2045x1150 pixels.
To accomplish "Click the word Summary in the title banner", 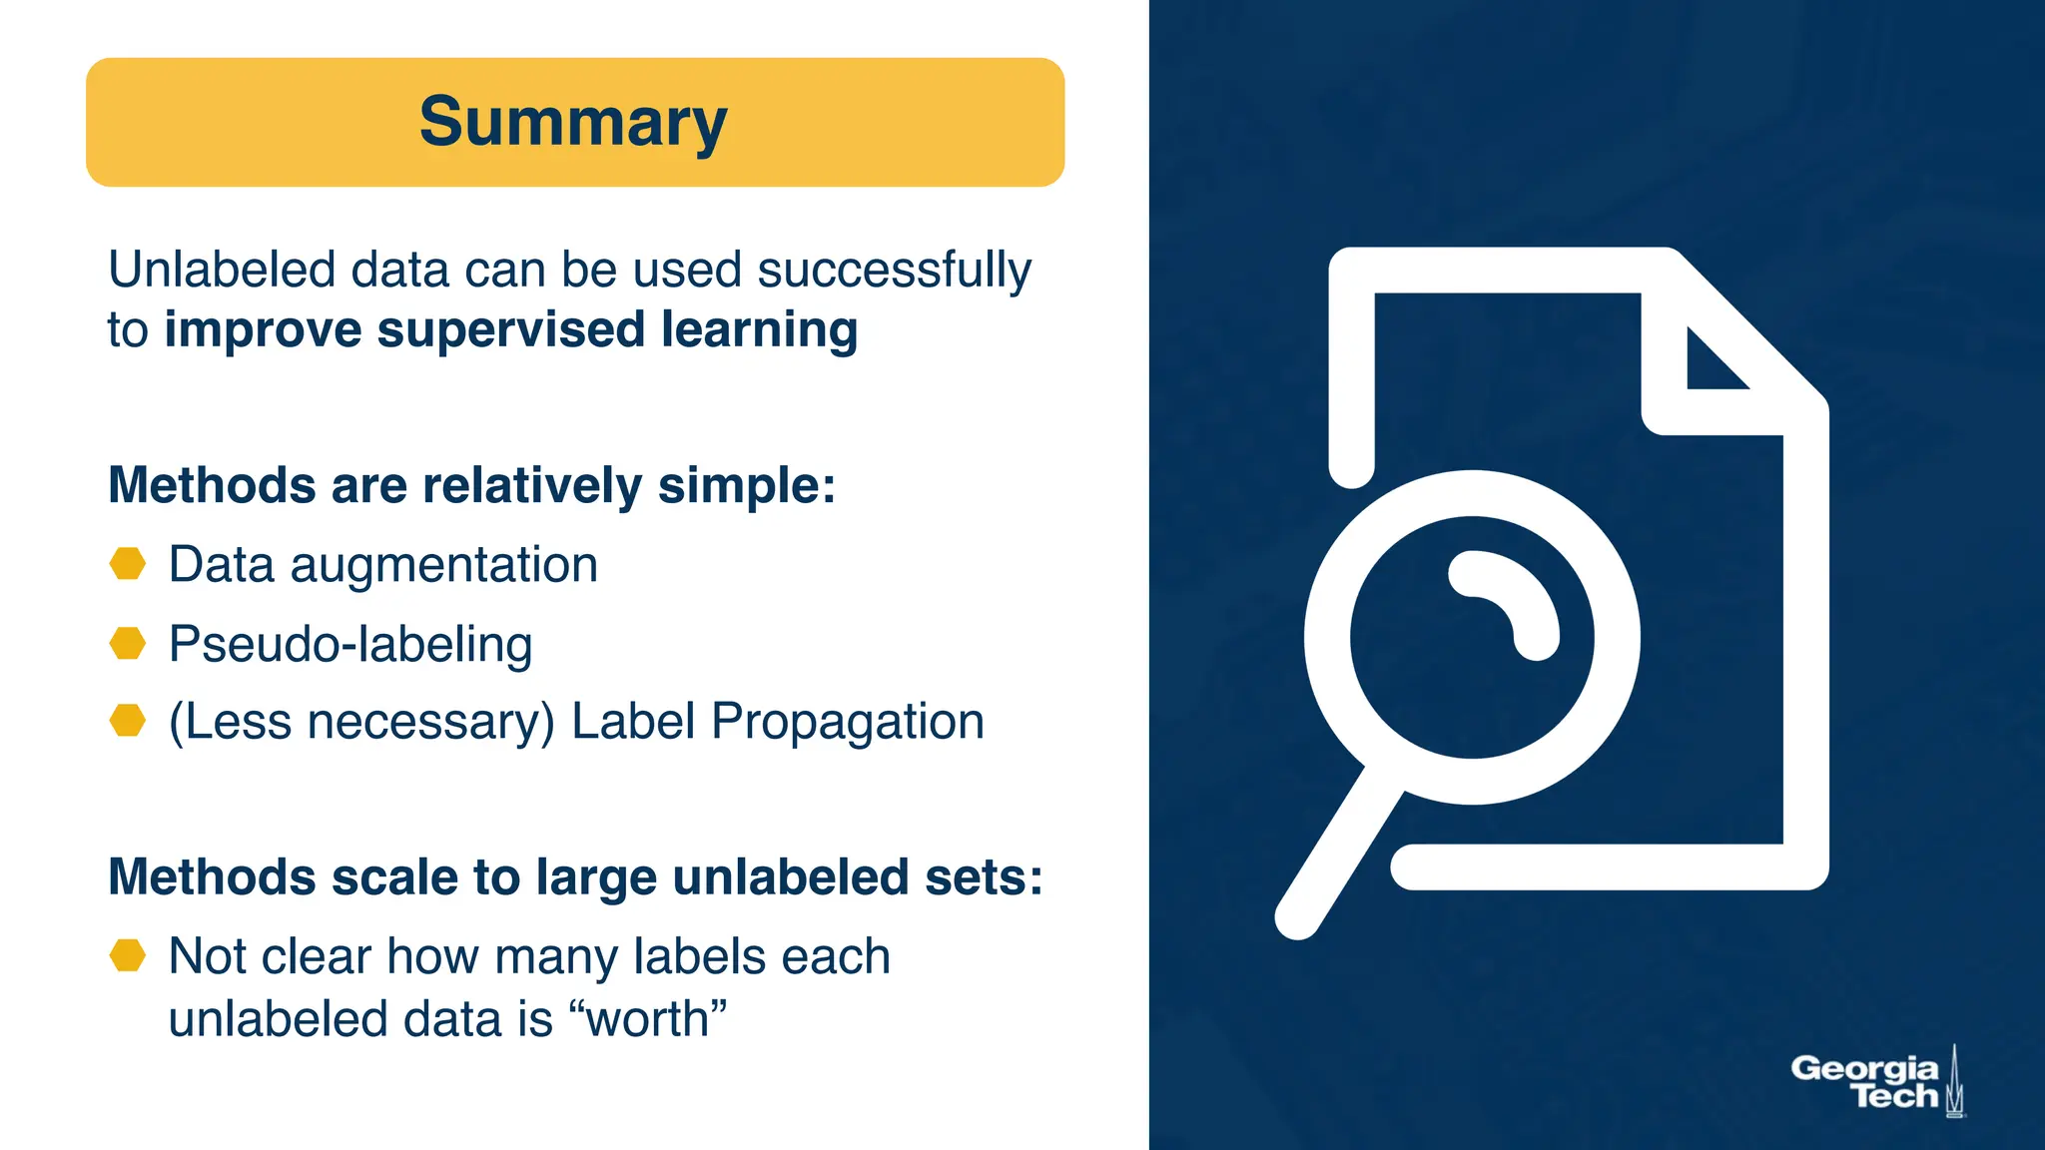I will tap(573, 122).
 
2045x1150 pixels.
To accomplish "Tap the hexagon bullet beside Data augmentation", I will tap(128, 564).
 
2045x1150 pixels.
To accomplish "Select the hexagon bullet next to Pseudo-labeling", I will tap(128, 643).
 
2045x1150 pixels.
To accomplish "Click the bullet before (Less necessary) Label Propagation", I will tap(128, 720).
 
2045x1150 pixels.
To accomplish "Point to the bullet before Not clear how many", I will tap(128, 955).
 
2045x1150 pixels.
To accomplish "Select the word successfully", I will tap(894, 272).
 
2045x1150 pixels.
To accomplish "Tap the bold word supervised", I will tap(510, 330).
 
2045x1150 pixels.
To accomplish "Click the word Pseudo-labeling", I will tap(350, 644).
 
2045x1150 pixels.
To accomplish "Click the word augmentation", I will tap(443, 566).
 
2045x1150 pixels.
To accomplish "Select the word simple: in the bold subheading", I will tap(746, 486).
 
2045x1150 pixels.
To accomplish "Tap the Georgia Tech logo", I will tap(1875, 1082).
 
